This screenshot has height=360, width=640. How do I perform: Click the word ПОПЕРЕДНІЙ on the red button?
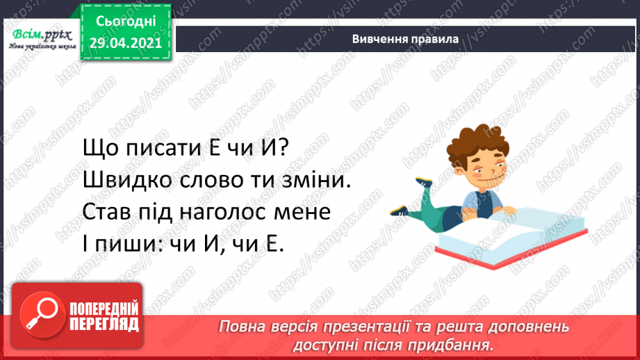coord(105,308)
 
